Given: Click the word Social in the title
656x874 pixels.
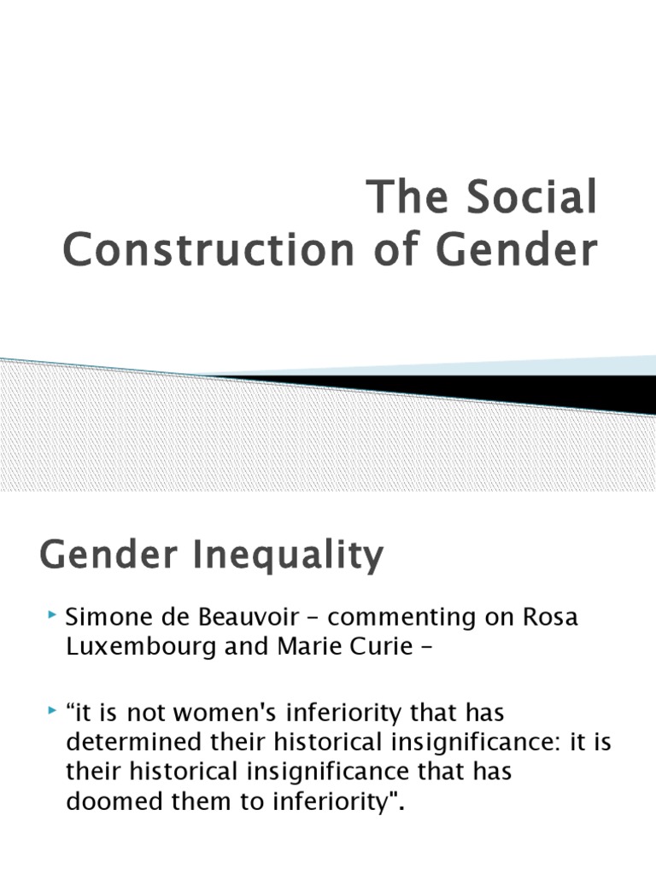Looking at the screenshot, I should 530,198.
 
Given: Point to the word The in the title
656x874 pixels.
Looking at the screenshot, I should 405,198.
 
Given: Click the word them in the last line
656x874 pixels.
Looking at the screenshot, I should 184,801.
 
